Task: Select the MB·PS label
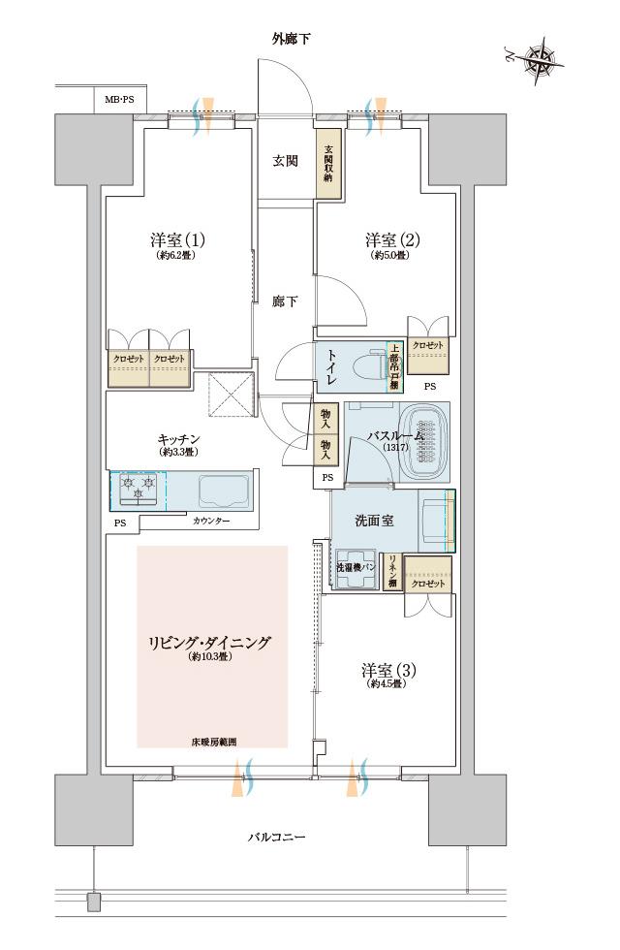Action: point(121,98)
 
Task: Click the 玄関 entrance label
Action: point(284,161)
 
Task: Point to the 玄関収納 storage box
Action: point(328,165)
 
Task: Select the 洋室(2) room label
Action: point(391,239)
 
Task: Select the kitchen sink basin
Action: point(224,490)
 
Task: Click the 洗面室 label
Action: point(373,521)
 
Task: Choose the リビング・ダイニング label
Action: point(210,643)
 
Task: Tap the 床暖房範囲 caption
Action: point(213,742)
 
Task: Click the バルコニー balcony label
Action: point(276,836)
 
